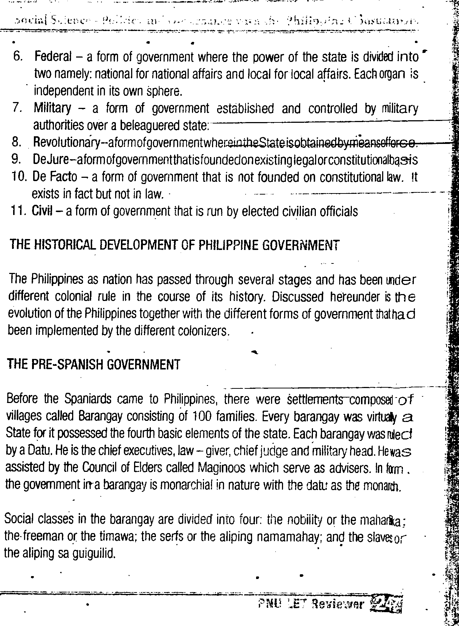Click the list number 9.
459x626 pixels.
[x=17, y=160]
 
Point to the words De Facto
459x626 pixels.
[x=55, y=177]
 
